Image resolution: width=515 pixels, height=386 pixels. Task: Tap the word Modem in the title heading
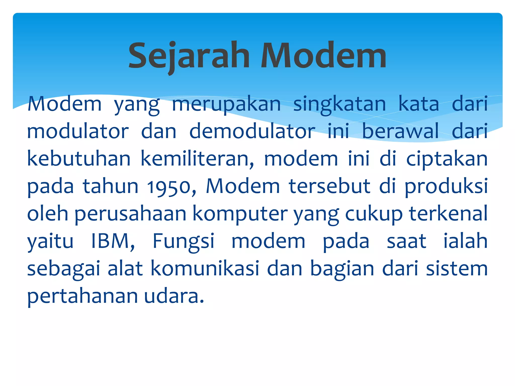coord(323,56)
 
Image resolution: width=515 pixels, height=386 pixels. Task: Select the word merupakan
coord(226,104)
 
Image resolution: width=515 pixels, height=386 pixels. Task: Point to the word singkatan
coord(339,104)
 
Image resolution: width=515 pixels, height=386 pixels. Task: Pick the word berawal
coord(400,131)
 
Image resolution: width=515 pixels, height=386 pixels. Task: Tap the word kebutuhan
coord(79,159)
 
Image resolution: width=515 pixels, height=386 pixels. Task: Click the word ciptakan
coord(447,159)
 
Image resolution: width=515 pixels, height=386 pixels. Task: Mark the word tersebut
coord(329,187)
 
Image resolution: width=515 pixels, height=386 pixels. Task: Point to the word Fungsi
coord(184,241)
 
